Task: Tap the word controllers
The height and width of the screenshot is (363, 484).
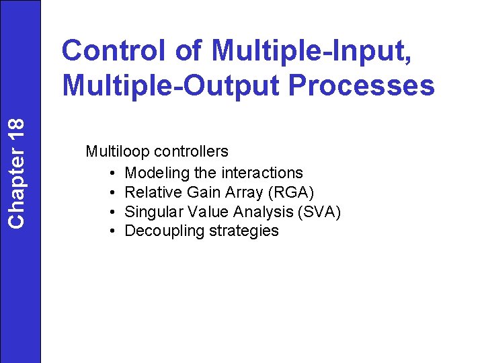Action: pyautogui.click(x=192, y=152)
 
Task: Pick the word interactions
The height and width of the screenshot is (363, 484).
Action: pyautogui.click(x=261, y=173)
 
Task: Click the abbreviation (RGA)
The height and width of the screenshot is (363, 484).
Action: pyautogui.click(x=290, y=192)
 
